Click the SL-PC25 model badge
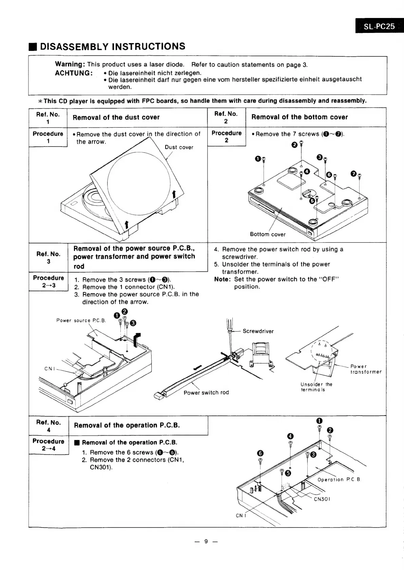[x=379, y=26]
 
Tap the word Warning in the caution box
[x=70, y=64]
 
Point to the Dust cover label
[x=179, y=147]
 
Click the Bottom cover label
[x=268, y=234]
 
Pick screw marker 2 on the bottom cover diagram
[x=294, y=145]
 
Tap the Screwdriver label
[x=258, y=331]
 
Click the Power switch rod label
[x=206, y=393]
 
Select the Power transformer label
[x=366, y=369]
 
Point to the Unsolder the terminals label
[x=316, y=387]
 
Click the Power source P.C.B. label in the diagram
[x=81, y=320]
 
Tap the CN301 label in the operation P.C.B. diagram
[x=322, y=499]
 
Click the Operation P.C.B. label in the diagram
[x=339, y=480]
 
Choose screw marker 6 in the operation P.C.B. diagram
[x=261, y=454]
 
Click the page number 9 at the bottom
[x=206, y=541]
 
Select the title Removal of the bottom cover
[x=300, y=117]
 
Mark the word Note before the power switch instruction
[x=222, y=279]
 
